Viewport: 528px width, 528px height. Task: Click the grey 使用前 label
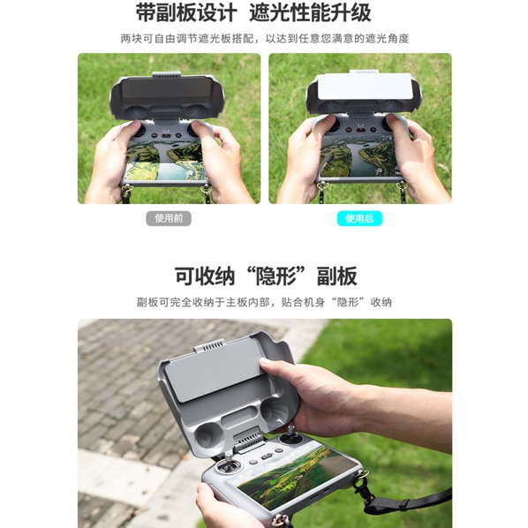169,219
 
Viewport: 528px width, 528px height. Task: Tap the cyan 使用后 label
359,219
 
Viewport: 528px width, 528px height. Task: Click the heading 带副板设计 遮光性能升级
253,12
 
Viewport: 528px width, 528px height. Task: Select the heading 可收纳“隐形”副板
266,276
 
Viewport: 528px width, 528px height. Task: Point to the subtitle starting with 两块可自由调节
265,39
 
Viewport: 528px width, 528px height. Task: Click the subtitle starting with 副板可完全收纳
264,302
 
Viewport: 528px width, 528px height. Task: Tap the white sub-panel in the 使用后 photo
365,87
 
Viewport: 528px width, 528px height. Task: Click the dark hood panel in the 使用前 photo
166,92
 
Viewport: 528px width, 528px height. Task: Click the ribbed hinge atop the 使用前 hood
166,75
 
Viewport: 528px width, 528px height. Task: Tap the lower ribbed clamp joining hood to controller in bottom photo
248,441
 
